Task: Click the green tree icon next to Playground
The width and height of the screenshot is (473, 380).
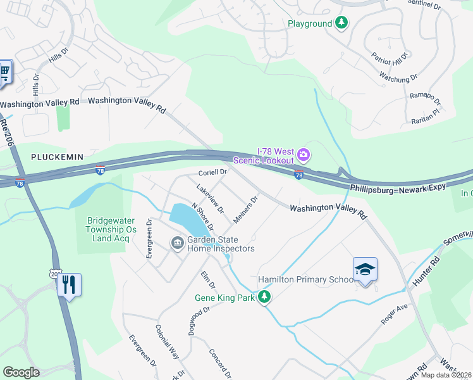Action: click(341, 23)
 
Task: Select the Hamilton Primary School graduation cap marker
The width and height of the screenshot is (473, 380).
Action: click(365, 270)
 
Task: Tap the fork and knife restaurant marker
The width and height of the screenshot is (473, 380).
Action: click(69, 284)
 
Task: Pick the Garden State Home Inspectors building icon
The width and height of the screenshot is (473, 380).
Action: click(177, 242)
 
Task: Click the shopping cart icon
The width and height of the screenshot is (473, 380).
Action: click(4, 73)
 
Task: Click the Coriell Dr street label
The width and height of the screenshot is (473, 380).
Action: click(212, 172)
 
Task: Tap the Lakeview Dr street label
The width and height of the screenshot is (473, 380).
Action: click(210, 198)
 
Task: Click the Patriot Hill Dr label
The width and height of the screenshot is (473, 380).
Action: click(391, 59)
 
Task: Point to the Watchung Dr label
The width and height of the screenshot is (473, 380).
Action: click(398, 77)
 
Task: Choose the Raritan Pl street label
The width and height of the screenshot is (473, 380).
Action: click(422, 114)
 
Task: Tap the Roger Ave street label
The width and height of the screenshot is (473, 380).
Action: click(395, 314)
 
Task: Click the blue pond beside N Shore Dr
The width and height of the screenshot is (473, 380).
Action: click(185, 218)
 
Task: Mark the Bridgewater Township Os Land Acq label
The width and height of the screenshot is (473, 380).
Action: click(111, 229)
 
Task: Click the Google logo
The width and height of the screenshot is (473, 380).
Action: click(21, 372)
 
